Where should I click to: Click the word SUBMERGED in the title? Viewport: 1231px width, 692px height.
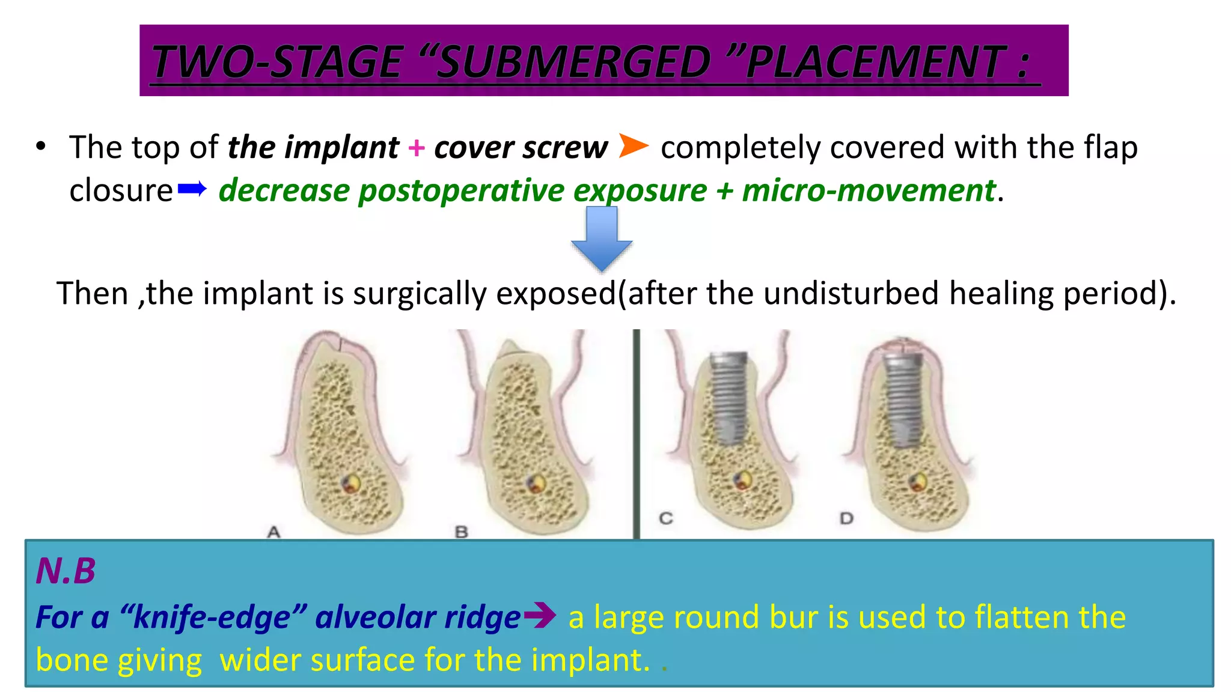tap(574, 62)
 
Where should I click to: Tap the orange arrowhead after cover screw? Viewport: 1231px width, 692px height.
tap(633, 146)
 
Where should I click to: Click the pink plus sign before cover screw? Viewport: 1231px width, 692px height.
tap(416, 148)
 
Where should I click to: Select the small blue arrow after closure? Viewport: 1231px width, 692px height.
tap(192, 190)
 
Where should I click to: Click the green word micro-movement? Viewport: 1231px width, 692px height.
tap(869, 191)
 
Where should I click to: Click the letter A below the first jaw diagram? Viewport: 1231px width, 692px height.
tap(274, 532)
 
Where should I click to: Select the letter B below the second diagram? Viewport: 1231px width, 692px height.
tap(461, 532)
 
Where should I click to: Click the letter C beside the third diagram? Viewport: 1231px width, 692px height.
tap(665, 518)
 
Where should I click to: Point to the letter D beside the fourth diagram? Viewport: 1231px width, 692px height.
tap(846, 518)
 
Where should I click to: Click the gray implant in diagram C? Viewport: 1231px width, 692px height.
tap(729, 396)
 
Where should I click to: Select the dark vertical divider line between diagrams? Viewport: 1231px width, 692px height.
tap(636, 432)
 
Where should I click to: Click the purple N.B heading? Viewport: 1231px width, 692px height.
tap(66, 571)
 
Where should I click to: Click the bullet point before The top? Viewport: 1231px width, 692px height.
tap(40, 147)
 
